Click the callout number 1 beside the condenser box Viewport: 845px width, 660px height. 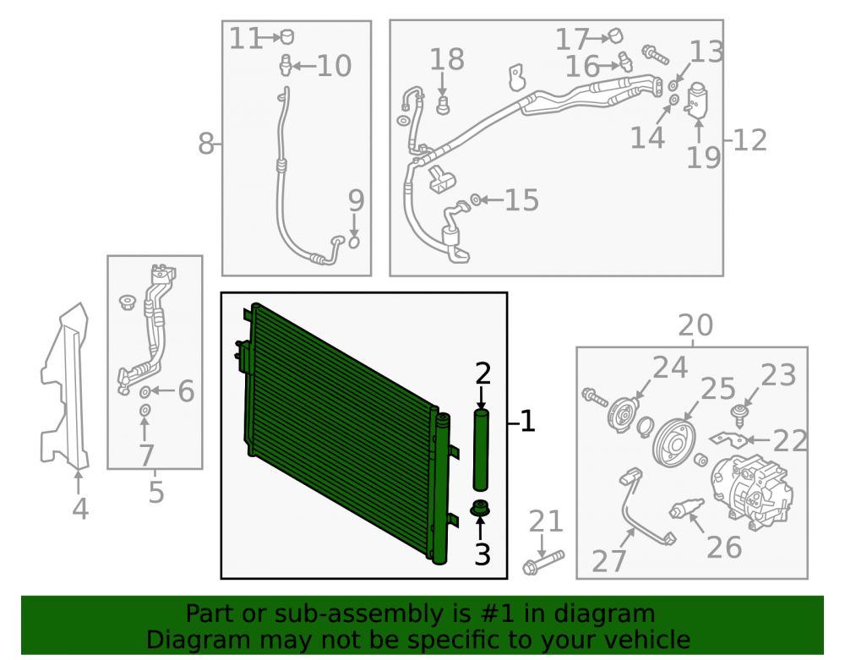coord(527,422)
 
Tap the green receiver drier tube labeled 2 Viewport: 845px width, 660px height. coord(481,450)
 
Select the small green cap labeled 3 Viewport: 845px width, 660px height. coord(480,509)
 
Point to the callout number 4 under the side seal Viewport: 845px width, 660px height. coord(80,509)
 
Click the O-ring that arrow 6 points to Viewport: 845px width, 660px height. coord(145,391)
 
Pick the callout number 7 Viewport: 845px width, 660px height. coord(147,455)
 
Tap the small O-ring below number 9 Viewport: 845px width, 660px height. coord(354,243)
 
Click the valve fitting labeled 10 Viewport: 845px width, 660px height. coord(286,65)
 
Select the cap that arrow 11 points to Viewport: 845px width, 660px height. coord(287,36)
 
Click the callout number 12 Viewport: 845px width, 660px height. coord(750,140)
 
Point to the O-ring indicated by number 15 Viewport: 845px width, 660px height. coord(476,200)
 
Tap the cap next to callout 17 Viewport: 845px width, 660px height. coord(615,36)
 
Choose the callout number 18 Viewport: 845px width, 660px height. coord(447,59)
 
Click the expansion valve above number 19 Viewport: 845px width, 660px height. coord(697,99)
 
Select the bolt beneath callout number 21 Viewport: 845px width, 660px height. coord(543,562)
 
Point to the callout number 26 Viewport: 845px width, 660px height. coord(724,547)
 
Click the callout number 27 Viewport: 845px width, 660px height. coord(609,561)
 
